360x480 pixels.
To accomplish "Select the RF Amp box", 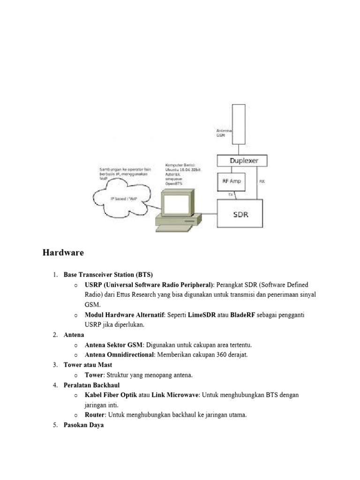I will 230,181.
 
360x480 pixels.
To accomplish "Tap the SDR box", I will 240,215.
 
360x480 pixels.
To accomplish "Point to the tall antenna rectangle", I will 238,124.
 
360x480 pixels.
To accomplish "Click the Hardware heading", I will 63,253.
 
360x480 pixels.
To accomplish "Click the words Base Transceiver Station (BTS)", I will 108,275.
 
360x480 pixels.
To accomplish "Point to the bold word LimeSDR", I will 202,315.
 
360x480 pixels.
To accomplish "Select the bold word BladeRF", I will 243,315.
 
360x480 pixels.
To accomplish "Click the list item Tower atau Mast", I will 88,365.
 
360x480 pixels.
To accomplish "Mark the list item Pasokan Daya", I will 83,425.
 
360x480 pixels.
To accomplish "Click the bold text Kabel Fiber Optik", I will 111,395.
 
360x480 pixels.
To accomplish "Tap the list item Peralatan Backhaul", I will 92,385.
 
